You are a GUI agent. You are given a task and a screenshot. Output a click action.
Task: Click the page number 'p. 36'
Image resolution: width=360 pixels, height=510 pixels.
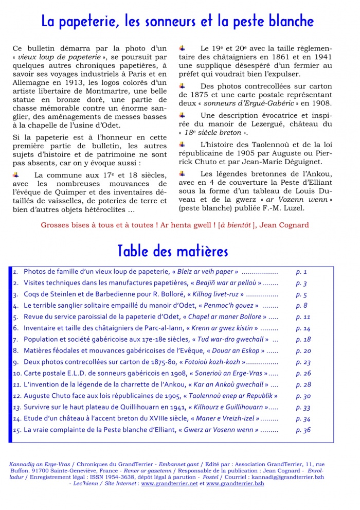pyautogui.click(x=303, y=430)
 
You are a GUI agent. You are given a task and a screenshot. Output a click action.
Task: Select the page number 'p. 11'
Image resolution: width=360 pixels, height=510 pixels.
pyautogui.click(x=303, y=317)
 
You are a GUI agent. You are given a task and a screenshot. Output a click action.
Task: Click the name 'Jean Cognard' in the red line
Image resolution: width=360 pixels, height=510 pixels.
pyautogui.click(x=288, y=225)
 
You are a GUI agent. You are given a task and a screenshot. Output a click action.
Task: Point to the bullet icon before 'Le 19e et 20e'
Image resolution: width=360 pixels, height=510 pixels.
pyautogui.click(x=182, y=47)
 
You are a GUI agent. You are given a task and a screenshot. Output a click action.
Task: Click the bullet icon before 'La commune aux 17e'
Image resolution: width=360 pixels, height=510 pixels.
pyautogui.click(x=16, y=175)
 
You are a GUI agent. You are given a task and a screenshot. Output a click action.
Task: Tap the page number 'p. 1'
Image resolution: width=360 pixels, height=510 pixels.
pyautogui.click(x=301, y=272)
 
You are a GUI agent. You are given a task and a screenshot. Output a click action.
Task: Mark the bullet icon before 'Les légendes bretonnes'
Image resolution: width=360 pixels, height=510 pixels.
pyautogui.click(x=182, y=174)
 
